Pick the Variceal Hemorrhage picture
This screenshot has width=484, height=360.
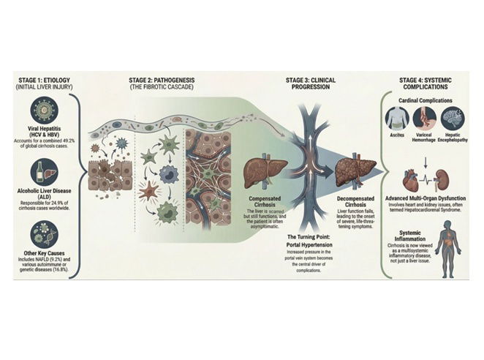pos(426,117)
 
